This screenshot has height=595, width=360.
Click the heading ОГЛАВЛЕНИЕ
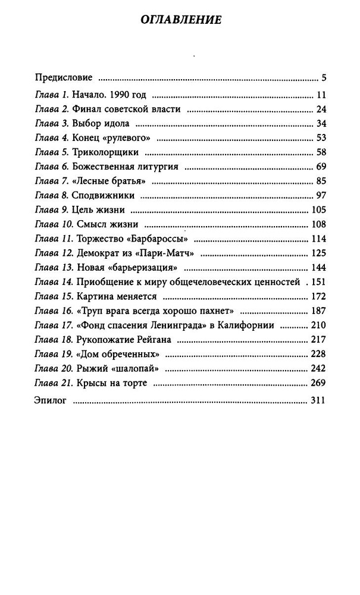[180, 20]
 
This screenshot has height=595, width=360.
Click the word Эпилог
[51, 402]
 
